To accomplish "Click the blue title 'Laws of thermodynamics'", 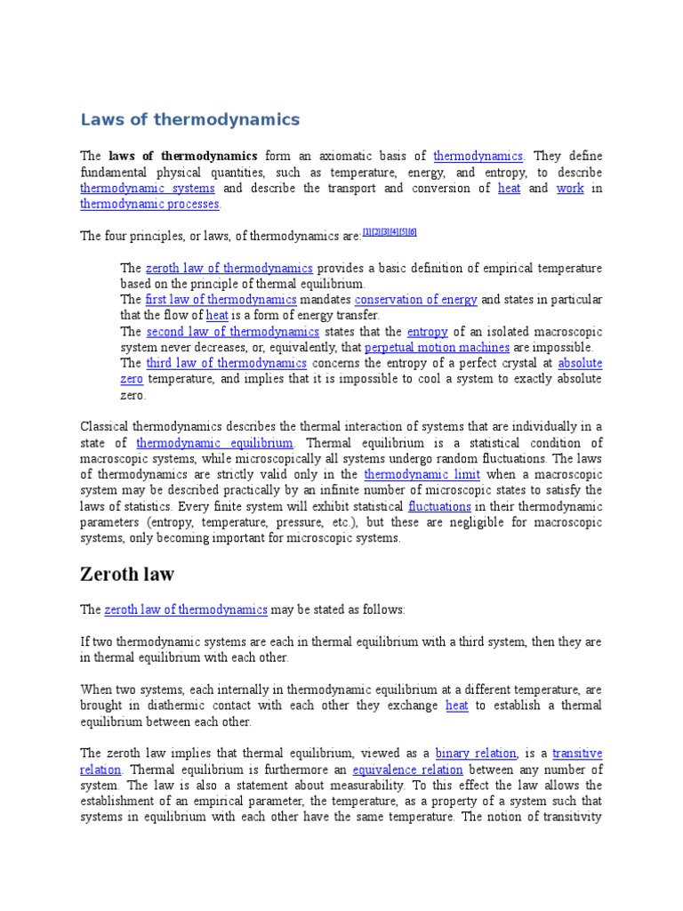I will click(190, 119).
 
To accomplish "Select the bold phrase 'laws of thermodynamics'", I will click(183, 156).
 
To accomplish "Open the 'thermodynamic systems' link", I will click(148, 189).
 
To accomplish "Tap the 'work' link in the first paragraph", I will click(570, 189).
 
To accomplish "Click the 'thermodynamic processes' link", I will click(149, 205).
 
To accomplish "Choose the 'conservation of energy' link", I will click(416, 300).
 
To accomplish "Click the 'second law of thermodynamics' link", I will click(232, 332).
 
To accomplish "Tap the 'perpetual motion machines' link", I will click(438, 348).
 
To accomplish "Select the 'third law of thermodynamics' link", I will click(226, 363).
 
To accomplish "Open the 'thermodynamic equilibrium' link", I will click(214, 443).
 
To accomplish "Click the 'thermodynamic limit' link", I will click(411, 475).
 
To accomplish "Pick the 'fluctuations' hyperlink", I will click(439, 506).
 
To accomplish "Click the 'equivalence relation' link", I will click(407, 769).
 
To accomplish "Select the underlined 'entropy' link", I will click(428, 332).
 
